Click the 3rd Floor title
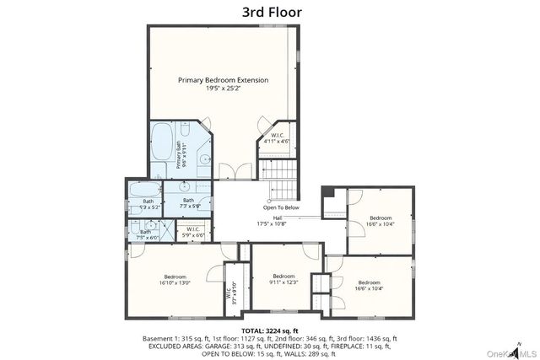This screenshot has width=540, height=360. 270,11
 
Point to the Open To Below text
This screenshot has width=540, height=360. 281,207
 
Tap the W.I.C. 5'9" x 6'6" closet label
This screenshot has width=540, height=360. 192,230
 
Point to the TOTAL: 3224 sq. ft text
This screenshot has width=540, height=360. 270,330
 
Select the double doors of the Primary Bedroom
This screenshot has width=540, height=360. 231,172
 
